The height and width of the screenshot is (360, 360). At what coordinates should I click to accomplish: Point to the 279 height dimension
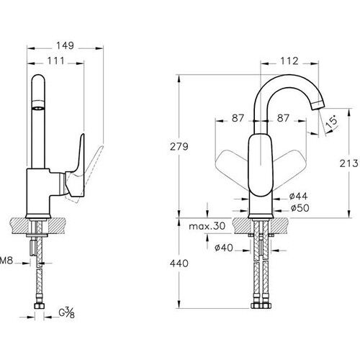pos(180,147)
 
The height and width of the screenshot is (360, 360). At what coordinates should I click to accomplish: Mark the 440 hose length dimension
pos(180,264)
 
